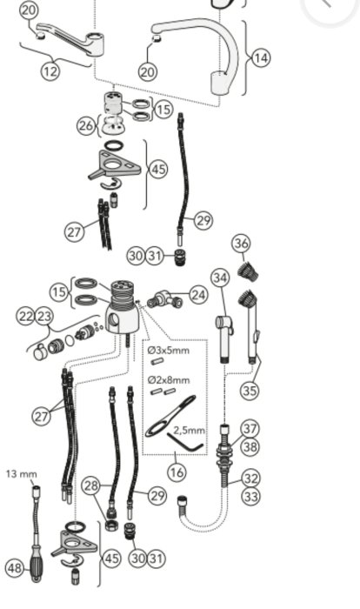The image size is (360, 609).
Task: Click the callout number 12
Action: click(x=50, y=71)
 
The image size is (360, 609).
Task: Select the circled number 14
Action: click(x=261, y=58)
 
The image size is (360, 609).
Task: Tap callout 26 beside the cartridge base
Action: click(x=86, y=125)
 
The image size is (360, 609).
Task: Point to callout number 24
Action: click(x=198, y=295)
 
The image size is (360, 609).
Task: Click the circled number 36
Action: click(x=242, y=244)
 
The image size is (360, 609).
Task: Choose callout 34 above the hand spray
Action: click(x=220, y=278)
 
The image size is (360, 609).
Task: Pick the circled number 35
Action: click(x=250, y=390)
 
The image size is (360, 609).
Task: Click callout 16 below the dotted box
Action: click(x=177, y=472)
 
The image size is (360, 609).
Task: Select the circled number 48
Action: click(x=15, y=568)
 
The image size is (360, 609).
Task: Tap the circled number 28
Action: click(x=91, y=485)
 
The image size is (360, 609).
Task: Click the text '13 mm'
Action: click(x=22, y=474)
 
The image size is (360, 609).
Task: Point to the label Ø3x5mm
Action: click(x=169, y=351)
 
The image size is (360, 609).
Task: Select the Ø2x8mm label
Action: click(x=169, y=379)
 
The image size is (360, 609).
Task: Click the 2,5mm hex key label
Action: click(x=189, y=430)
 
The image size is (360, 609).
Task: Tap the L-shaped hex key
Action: click(x=185, y=444)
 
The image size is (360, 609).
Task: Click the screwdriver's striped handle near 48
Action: click(x=37, y=563)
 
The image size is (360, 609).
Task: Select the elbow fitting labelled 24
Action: click(x=164, y=299)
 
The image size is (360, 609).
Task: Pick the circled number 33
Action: click(x=251, y=496)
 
